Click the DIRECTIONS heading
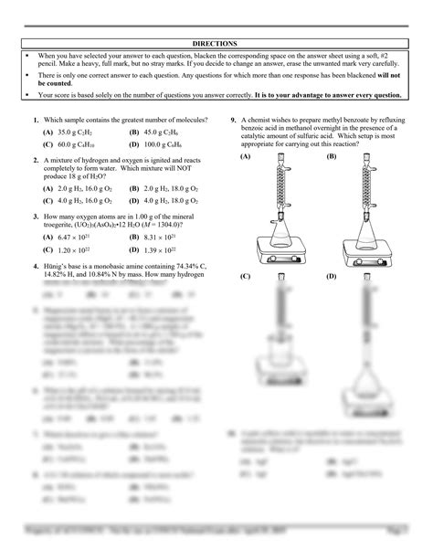tap(216, 44)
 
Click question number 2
tap(35, 158)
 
